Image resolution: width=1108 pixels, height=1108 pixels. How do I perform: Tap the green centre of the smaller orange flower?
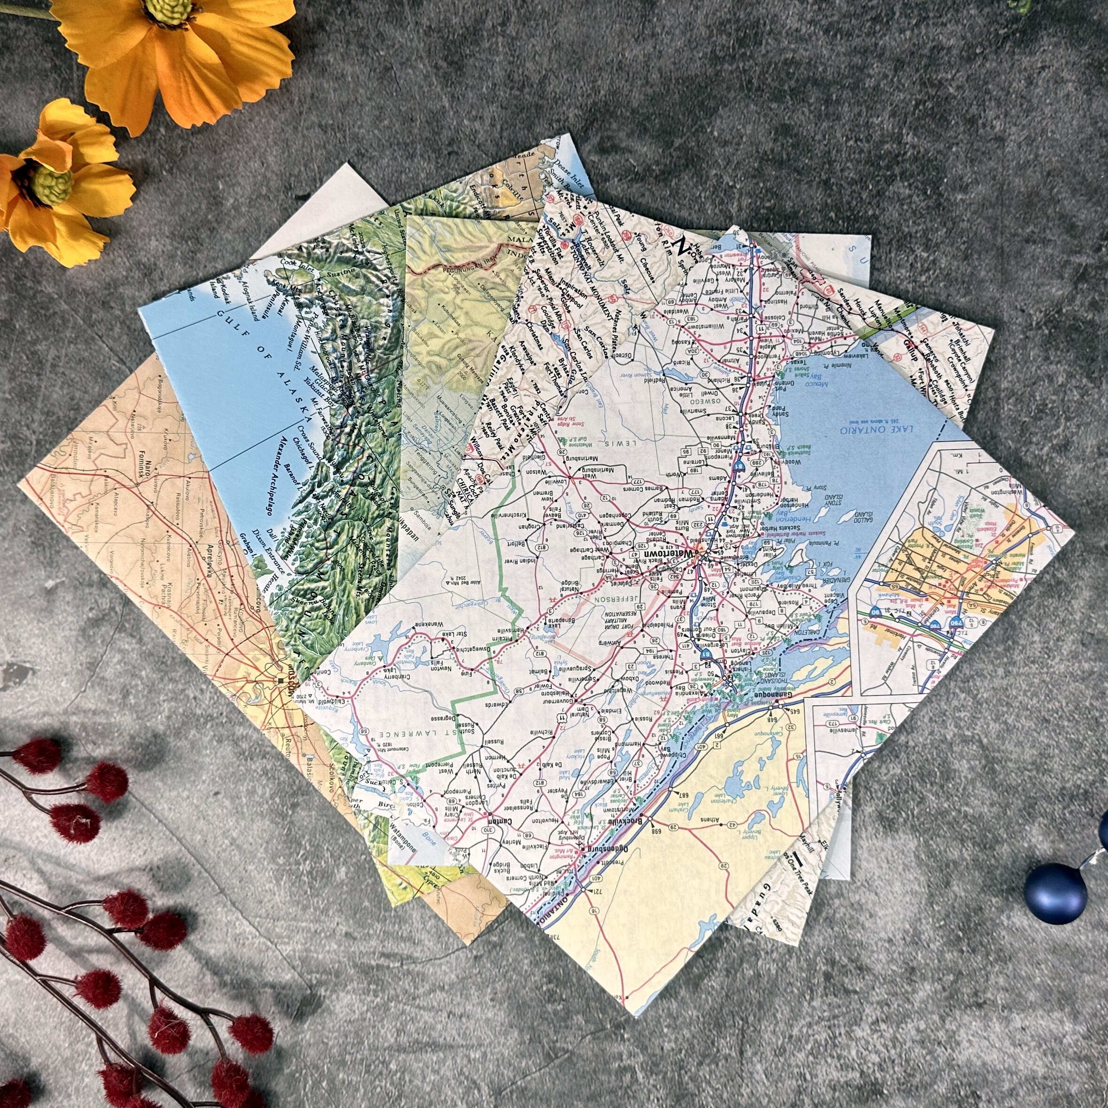[x=53, y=185]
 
